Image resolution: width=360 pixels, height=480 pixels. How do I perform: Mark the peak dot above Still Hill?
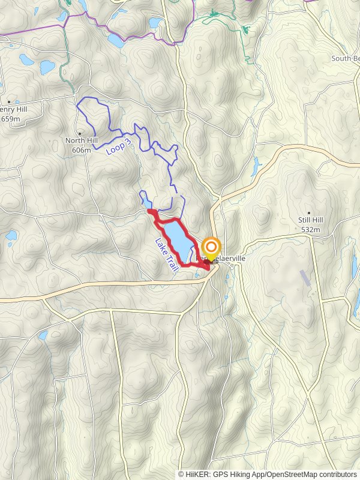(x=309, y=212)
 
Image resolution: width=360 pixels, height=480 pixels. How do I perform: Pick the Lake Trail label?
(x=166, y=256)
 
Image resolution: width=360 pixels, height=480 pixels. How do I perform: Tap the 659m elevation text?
(x=11, y=119)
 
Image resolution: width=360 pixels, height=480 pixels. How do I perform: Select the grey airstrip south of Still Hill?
(x=305, y=277)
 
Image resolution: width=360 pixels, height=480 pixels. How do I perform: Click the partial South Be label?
(x=345, y=58)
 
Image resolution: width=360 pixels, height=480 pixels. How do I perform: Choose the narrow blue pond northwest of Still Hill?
(x=256, y=164)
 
